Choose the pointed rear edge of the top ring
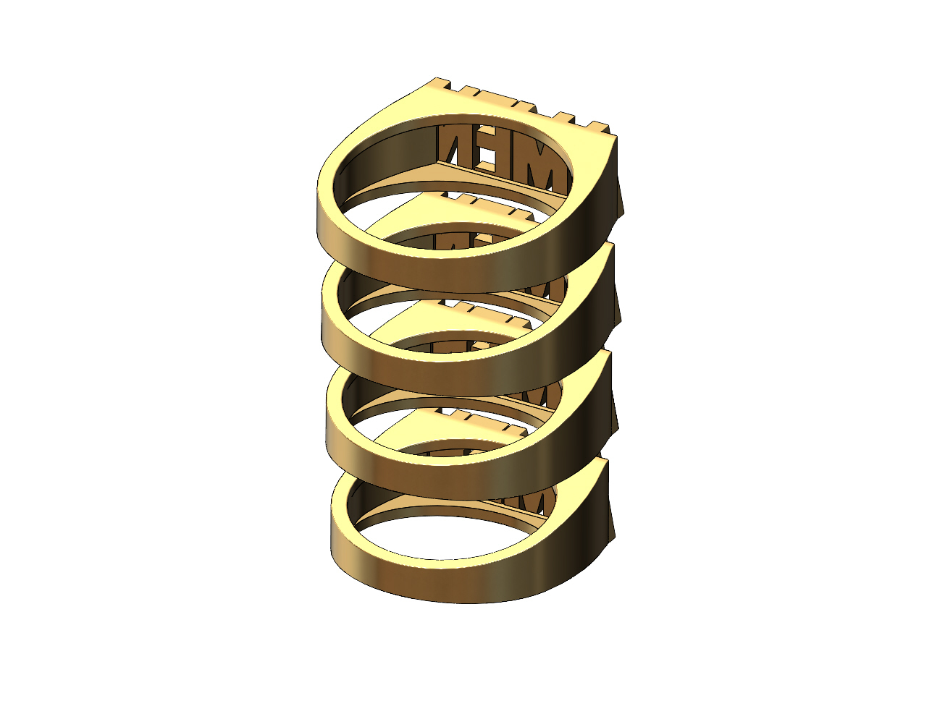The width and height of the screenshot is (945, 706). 621,195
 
